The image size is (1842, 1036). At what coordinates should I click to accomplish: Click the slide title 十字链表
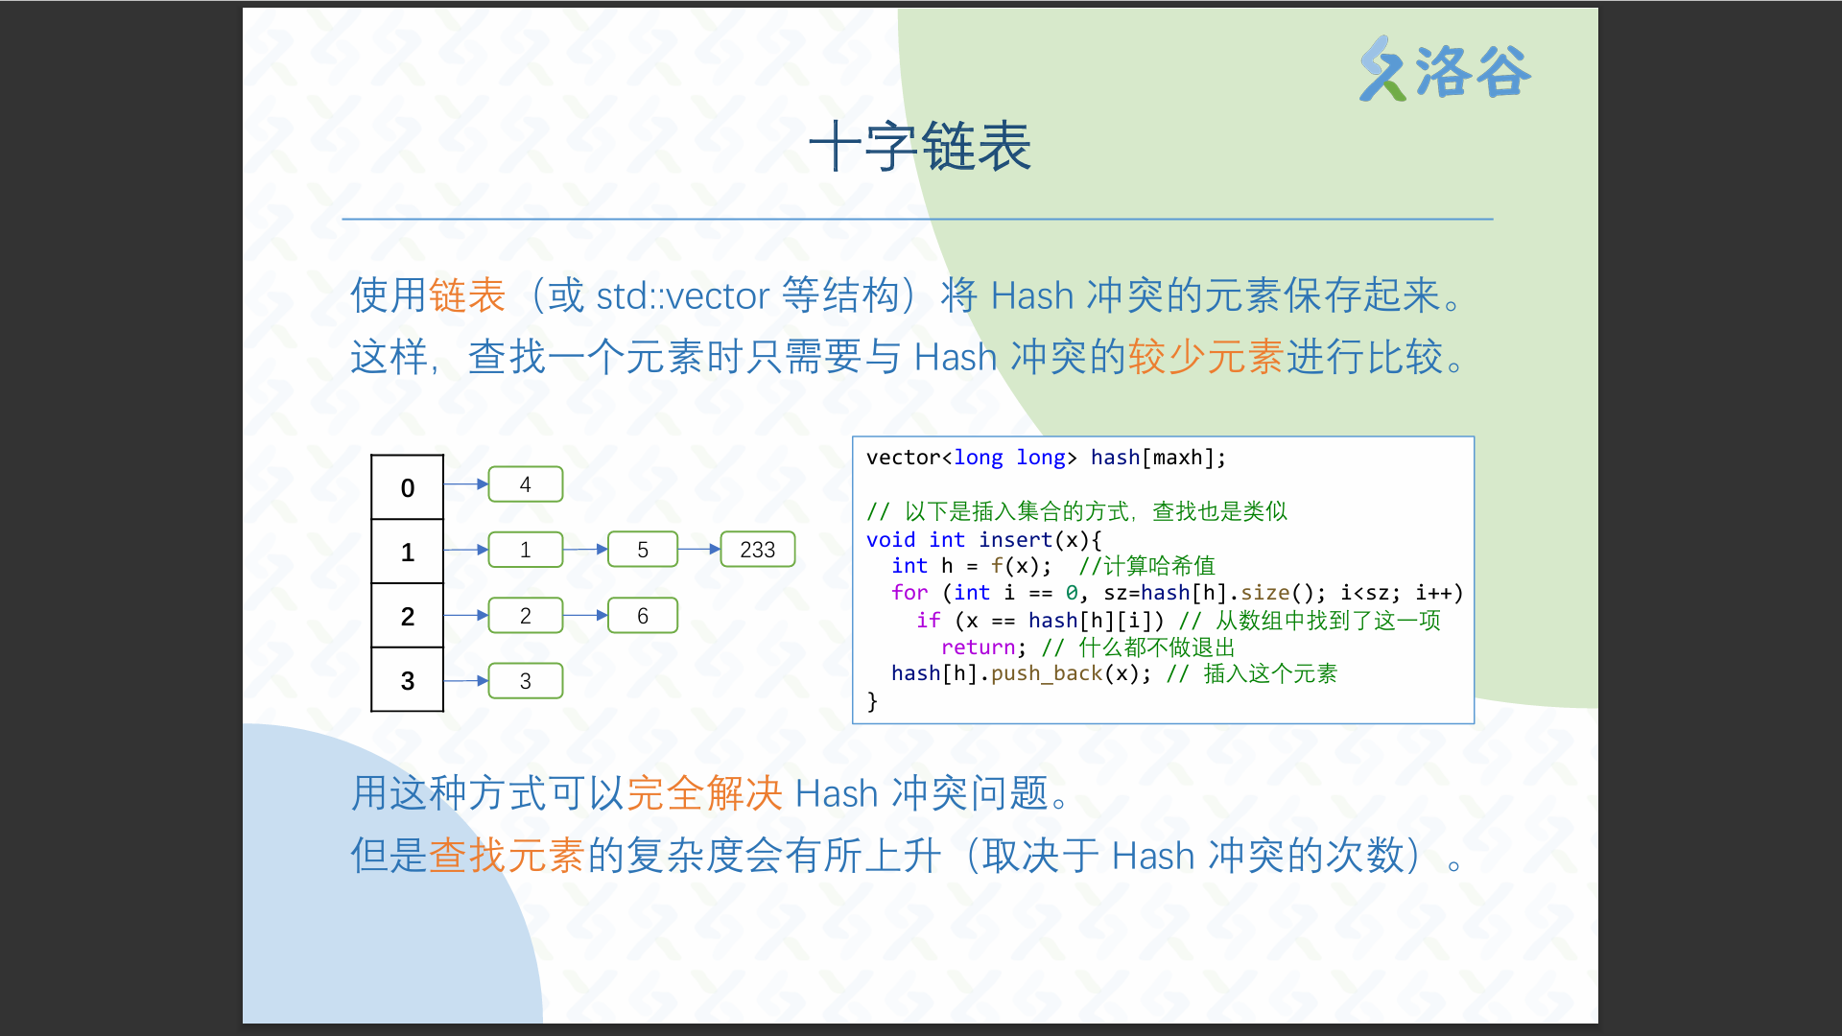pyautogui.click(x=920, y=147)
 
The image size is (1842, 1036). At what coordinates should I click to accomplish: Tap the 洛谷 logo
pyautogui.click(x=1445, y=69)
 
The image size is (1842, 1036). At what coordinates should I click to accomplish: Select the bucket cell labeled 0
pyautogui.click(x=408, y=487)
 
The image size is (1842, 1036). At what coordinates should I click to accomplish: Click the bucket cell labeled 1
pyautogui.click(x=408, y=552)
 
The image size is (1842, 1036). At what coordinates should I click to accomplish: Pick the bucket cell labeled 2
pyautogui.click(x=408, y=616)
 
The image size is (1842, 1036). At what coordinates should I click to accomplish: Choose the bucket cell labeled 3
pyautogui.click(x=408, y=680)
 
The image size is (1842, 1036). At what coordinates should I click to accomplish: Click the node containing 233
pyautogui.click(x=758, y=550)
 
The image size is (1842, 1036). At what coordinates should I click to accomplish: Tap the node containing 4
pyautogui.click(x=526, y=484)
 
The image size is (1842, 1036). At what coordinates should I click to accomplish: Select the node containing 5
pyautogui.click(x=643, y=550)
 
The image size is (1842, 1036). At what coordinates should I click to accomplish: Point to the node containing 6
pyautogui.click(x=643, y=616)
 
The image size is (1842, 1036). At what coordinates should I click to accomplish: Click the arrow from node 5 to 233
pyautogui.click(x=699, y=550)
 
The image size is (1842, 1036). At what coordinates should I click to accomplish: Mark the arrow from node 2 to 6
pyautogui.click(x=585, y=615)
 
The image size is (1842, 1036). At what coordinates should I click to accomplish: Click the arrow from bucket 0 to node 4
pyautogui.click(x=466, y=484)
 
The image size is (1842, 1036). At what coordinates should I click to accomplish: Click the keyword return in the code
pyautogui.click(x=979, y=647)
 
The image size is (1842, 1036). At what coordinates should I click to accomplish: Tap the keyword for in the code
pyautogui.click(x=909, y=593)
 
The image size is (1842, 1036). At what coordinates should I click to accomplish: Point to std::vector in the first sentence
pyautogui.click(x=682, y=295)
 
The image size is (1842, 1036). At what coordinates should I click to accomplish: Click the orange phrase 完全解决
pyautogui.click(x=705, y=793)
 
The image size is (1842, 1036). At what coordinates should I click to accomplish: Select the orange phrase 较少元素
pyautogui.click(x=1206, y=357)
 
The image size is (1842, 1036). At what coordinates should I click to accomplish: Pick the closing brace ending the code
pyautogui.click(x=872, y=701)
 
